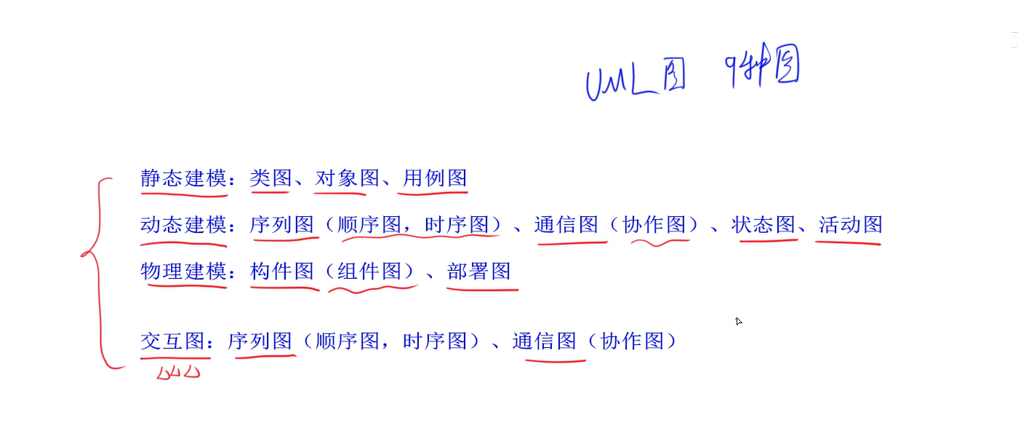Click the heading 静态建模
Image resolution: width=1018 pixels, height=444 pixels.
[x=184, y=178]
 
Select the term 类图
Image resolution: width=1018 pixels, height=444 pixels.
[x=270, y=178]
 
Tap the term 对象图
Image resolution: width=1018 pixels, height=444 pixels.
[x=347, y=178]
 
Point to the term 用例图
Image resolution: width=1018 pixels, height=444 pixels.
[x=434, y=178]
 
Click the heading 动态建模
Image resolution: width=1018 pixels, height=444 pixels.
[x=184, y=225]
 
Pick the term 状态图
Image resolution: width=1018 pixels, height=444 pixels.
[x=763, y=225]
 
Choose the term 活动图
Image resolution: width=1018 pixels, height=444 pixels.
[x=850, y=225]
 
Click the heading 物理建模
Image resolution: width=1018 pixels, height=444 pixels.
[x=184, y=271]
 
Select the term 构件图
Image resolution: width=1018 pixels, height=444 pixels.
[x=281, y=271]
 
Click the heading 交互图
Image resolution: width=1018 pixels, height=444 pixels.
[x=173, y=341]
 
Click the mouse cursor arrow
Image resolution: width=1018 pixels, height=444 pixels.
[x=739, y=321]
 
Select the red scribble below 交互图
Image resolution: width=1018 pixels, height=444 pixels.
[x=178, y=372]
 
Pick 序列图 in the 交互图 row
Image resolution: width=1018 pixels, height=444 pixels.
[x=260, y=341]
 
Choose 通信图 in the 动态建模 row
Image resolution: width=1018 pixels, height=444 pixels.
[x=566, y=225]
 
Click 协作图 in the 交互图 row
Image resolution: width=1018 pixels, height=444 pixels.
[x=633, y=341]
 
